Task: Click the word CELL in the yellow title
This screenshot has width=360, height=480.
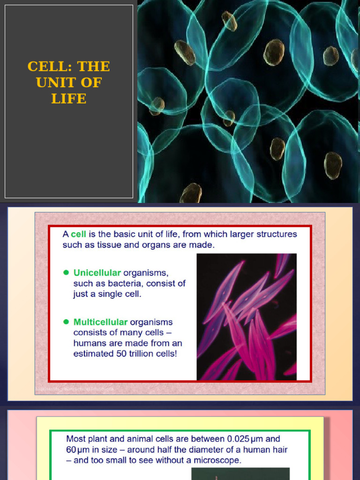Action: tap(45, 67)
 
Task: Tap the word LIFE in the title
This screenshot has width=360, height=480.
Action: tap(69, 98)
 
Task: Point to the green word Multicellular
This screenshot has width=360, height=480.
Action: tap(100, 322)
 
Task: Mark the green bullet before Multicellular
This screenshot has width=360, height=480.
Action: tap(66, 322)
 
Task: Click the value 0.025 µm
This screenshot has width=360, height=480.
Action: tap(247, 439)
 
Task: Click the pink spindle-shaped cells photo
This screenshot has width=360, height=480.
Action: tap(247, 316)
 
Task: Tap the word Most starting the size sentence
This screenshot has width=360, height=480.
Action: tap(76, 439)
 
